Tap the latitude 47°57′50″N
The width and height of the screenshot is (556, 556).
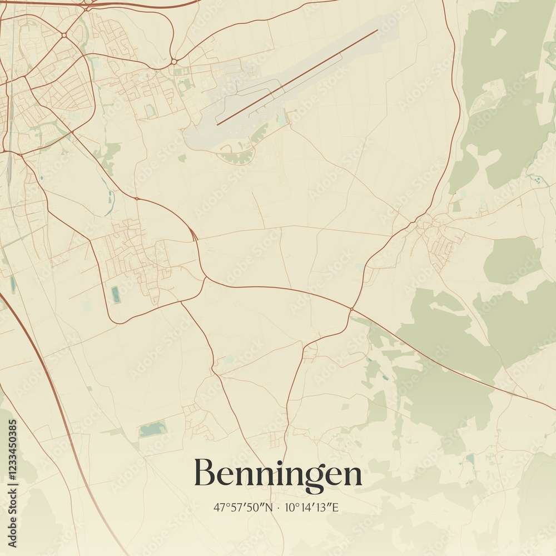click(244, 508)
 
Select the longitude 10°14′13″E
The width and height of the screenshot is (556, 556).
click(312, 508)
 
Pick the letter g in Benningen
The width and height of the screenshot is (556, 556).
click(316, 477)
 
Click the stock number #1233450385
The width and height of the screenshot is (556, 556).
click(13, 450)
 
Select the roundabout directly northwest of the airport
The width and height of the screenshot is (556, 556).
click(174, 62)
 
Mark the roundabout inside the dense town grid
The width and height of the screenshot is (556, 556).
click(64, 35)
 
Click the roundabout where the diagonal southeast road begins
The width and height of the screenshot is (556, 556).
click(351, 309)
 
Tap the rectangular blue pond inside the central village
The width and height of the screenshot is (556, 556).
click(116, 294)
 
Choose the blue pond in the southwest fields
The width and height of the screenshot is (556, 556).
click(152, 429)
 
